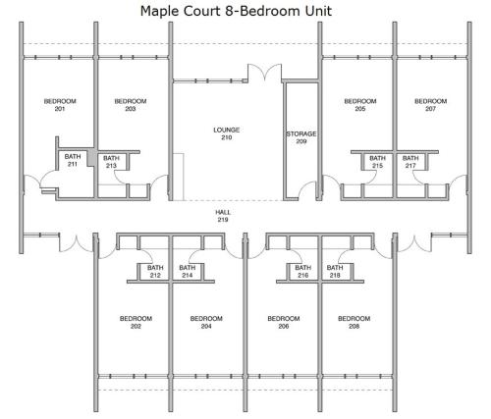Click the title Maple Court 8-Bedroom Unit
click(x=236, y=11)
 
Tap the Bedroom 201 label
click(x=60, y=105)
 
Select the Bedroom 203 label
click(x=131, y=105)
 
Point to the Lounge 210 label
click(x=227, y=133)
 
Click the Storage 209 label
click(x=301, y=137)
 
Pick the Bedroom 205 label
click(x=360, y=105)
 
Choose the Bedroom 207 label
click(x=430, y=105)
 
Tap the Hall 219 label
click(x=223, y=216)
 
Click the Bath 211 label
click(x=73, y=160)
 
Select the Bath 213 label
click(x=111, y=162)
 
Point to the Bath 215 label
click(x=377, y=162)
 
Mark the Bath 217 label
click(x=410, y=162)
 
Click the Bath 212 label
click(x=155, y=271)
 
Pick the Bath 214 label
click(x=188, y=271)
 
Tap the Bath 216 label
click(x=303, y=271)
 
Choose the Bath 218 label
click(x=335, y=271)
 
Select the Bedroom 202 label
click(x=136, y=322)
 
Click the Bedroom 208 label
click(x=355, y=322)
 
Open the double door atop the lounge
click(x=264, y=73)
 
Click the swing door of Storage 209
click(x=306, y=190)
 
